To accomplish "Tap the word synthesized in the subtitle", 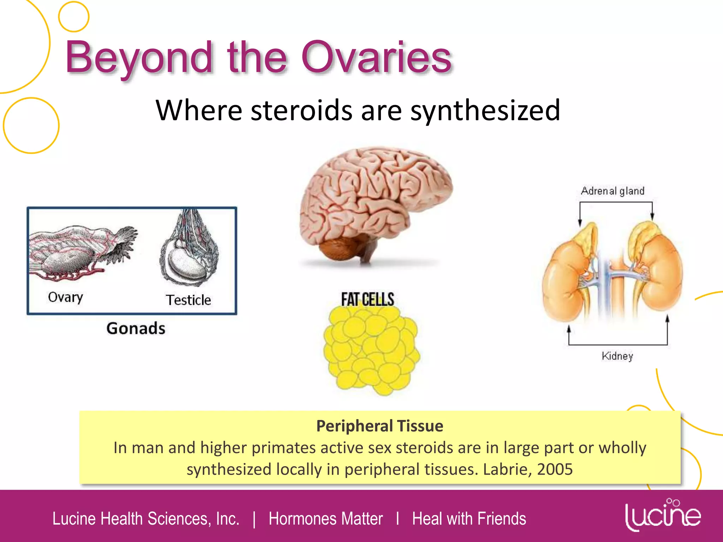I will point(485,110).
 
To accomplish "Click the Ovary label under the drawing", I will point(65,297).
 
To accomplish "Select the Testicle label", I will point(188,300).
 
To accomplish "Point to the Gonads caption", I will point(136,328).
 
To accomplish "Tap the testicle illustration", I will point(189,251).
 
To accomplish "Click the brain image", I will point(374,205).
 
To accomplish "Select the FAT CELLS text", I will point(367,300).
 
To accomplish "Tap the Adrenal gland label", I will point(613,191).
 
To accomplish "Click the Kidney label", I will point(617,356).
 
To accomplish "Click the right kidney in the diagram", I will point(660,275).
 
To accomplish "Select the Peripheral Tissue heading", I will point(380,426).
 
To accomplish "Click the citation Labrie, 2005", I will point(527,469).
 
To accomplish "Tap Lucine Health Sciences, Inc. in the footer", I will point(146,519).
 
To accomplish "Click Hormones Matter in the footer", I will point(325,519).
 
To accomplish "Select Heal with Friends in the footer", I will point(469,519).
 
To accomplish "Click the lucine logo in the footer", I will point(663,515).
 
